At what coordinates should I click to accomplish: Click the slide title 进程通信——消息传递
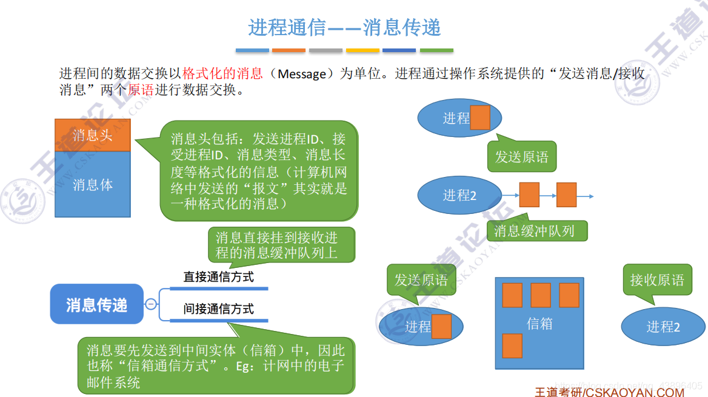point(344,27)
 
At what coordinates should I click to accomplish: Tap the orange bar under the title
point(289,50)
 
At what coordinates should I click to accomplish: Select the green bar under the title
point(436,50)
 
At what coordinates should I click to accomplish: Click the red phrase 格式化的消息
point(222,74)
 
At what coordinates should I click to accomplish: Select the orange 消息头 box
point(93,135)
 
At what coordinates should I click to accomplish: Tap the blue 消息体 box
point(93,184)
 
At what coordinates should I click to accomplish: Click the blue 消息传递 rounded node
point(97,304)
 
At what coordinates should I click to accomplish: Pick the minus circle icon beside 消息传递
point(151,304)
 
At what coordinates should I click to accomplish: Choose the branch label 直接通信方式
point(218,278)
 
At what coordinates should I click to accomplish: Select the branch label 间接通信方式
point(218,309)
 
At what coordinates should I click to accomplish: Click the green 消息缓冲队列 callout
point(534,230)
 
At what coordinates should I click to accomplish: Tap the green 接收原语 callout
point(656,280)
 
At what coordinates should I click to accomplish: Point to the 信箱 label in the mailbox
point(539,324)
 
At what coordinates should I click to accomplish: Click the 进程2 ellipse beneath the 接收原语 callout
point(663,327)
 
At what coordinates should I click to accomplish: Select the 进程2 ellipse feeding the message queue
point(459,195)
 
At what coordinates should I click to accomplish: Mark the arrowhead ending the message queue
point(590,196)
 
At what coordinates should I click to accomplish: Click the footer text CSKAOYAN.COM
point(635,392)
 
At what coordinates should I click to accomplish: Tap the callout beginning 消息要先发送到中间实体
point(216,365)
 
